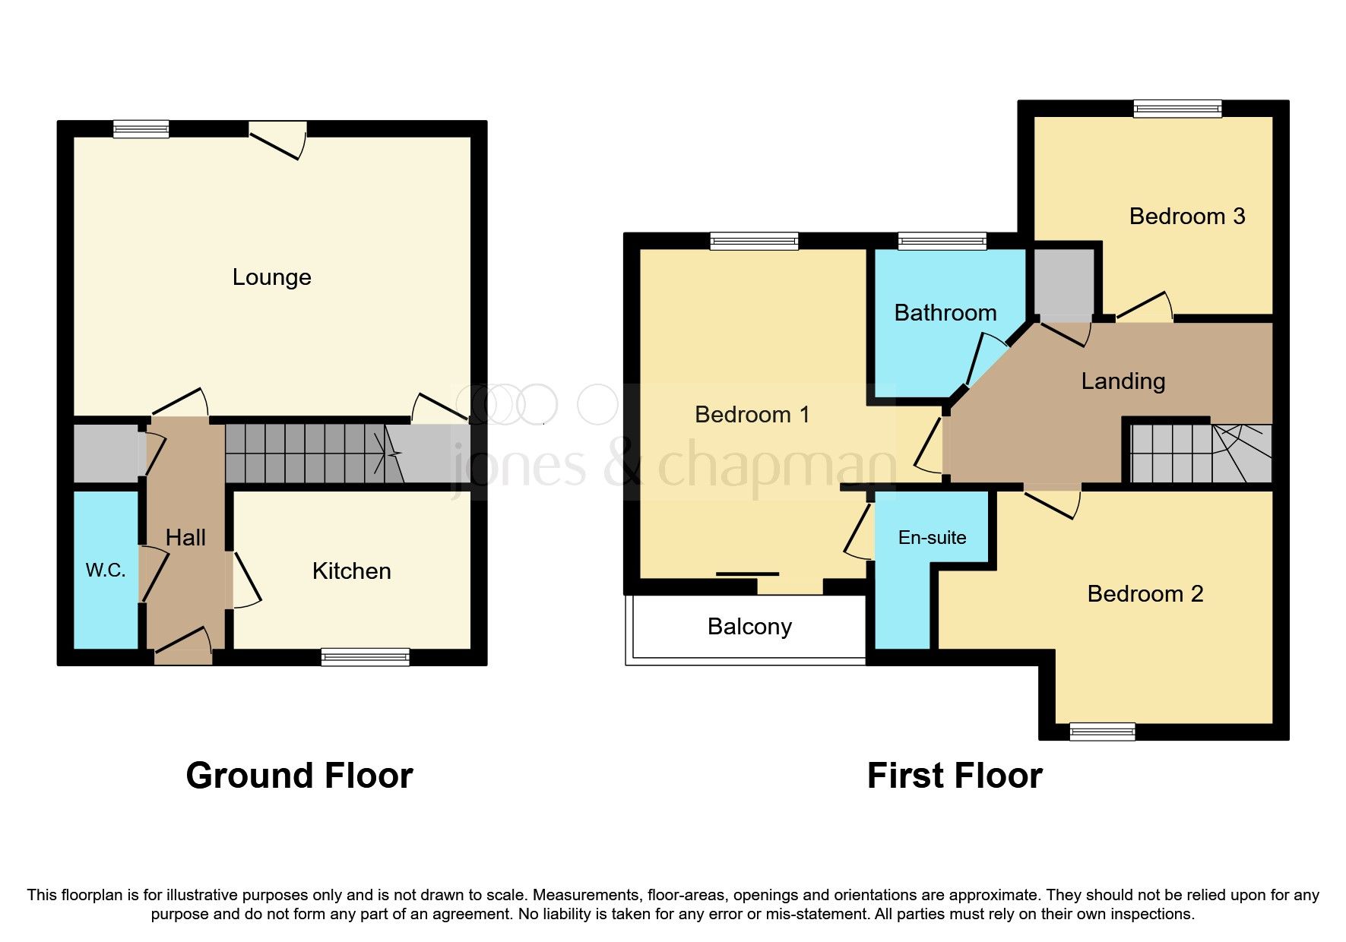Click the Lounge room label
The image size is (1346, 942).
click(x=271, y=277)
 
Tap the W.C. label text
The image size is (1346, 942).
click(x=106, y=571)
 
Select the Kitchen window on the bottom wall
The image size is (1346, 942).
click(x=365, y=657)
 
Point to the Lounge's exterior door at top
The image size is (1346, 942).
click(x=277, y=139)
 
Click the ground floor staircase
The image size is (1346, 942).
click(x=312, y=454)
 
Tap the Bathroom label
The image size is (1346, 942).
click(x=945, y=313)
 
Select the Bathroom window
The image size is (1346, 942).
click(x=942, y=242)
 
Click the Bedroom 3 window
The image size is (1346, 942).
click(x=1177, y=109)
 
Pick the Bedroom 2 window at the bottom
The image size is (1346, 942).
click(x=1102, y=732)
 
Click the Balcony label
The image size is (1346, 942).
click(x=749, y=627)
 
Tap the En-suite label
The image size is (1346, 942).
click(x=932, y=538)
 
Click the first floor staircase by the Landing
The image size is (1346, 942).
click(x=1199, y=454)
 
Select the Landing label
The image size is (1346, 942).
click(x=1123, y=381)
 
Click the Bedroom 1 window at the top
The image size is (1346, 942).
click(x=754, y=242)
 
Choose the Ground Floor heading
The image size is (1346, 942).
click(x=299, y=776)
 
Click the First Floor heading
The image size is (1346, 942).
click(x=954, y=776)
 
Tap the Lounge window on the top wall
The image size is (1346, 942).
click(x=141, y=129)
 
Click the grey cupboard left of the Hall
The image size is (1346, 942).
click(x=106, y=454)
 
